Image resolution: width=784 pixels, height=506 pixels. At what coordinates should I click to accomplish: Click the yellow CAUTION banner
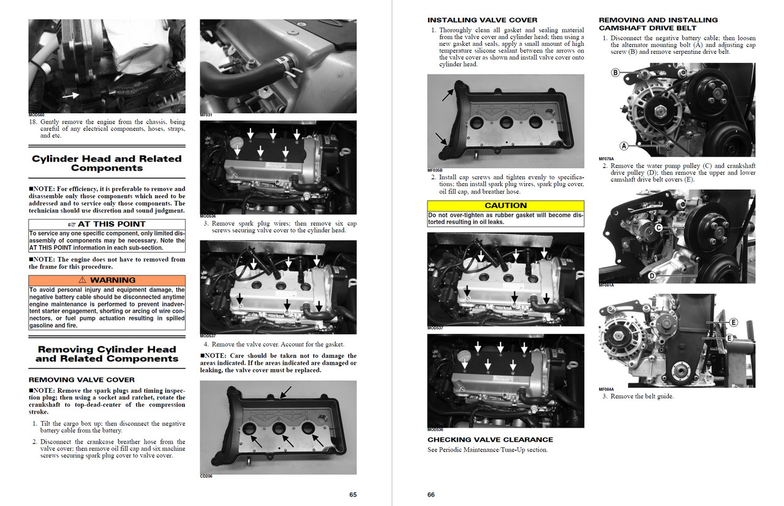[505, 206]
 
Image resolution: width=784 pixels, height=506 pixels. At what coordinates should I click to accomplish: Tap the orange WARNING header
[107, 280]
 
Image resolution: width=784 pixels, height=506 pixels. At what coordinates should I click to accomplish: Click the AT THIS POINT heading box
[107, 225]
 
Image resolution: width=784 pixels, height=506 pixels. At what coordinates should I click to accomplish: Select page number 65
[353, 494]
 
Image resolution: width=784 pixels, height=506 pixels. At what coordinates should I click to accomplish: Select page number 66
[431, 494]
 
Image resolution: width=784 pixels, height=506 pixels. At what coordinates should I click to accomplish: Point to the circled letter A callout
[624, 146]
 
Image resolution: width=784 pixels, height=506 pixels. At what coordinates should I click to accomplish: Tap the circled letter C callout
[658, 228]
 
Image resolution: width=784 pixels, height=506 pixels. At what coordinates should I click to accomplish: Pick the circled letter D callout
[652, 276]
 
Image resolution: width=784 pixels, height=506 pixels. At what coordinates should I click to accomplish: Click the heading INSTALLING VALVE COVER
[482, 20]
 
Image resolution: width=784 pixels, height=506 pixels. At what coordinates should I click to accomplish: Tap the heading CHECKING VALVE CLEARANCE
[490, 439]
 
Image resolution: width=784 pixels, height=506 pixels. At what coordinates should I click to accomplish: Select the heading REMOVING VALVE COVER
[81, 379]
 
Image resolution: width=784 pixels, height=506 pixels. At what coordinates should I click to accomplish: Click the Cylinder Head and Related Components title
[107, 163]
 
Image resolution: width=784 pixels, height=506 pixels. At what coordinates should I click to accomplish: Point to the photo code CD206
[206, 476]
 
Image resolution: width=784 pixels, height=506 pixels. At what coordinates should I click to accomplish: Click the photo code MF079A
[606, 158]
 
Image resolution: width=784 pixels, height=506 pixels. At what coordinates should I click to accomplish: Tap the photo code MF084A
[606, 389]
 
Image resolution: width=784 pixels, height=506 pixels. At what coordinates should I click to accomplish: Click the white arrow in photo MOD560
[70, 95]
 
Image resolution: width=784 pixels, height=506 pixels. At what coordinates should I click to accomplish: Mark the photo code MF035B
[435, 170]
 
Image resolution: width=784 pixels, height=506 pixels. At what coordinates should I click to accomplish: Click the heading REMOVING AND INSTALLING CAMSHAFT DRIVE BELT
[658, 24]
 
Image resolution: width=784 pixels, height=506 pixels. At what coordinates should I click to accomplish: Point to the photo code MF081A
[606, 285]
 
